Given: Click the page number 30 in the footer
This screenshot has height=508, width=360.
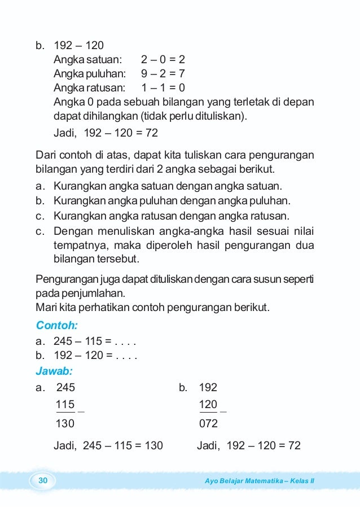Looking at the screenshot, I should coord(43,480).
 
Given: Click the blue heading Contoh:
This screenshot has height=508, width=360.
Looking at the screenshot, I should coord(56,325).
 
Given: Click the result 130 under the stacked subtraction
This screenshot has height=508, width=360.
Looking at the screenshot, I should coord(65,424).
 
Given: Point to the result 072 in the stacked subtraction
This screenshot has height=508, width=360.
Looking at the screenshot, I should coord(208,424).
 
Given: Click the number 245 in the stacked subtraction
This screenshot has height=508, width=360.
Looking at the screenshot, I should coord(65,387).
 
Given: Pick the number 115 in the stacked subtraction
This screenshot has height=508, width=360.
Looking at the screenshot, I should coord(65,405).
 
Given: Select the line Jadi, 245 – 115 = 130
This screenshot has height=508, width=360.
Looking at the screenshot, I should coord(108,445).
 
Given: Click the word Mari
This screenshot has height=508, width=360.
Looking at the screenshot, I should coord(45,308).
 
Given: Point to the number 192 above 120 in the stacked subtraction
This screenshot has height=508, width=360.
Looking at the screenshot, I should coord(208,387).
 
